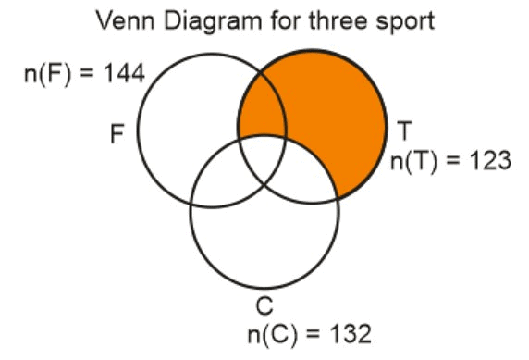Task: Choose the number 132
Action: click(x=343, y=333)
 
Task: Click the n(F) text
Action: click(x=48, y=73)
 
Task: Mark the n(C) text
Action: click(x=275, y=333)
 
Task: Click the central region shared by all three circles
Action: click(x=262, y=159)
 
